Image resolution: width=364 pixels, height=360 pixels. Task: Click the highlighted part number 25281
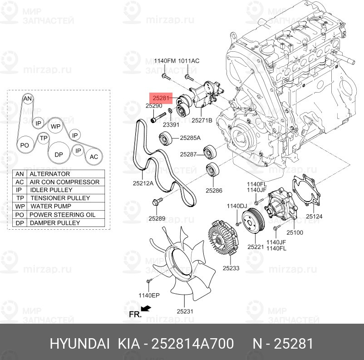161,98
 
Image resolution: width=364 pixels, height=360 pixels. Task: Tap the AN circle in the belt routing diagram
28,99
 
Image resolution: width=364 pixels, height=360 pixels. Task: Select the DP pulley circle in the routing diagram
59,155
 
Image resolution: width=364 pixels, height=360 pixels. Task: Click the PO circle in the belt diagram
25,145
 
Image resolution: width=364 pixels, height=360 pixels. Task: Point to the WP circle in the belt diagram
55,126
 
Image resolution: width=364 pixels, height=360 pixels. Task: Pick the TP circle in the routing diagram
43,138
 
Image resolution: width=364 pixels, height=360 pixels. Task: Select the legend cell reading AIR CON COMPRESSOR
65,182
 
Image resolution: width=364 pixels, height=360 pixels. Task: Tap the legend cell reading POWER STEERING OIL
65,215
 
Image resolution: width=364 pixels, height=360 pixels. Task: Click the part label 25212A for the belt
143,183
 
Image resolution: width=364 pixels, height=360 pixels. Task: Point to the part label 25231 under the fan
185,311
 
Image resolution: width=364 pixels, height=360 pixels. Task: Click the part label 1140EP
149,296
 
